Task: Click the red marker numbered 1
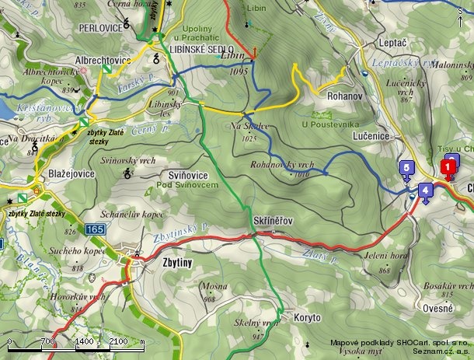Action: coord(448,166)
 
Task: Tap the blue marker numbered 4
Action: coord(425,190)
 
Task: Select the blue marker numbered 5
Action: coord(406,168)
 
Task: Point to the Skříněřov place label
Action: coord(273,222)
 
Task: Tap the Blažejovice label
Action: coord(71,173)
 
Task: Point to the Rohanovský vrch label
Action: coord(282,165)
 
